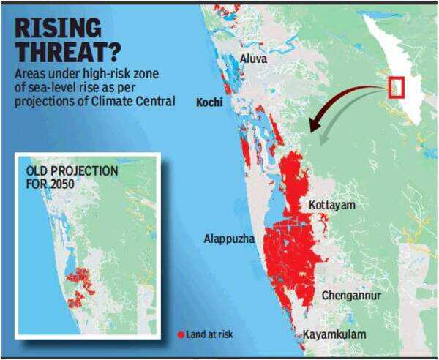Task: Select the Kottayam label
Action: coord(331,206)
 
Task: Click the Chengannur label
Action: coord(350,296)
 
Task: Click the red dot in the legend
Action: coord(181,334)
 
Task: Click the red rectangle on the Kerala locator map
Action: coord(397,86)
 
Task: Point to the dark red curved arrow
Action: coord(344,99)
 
